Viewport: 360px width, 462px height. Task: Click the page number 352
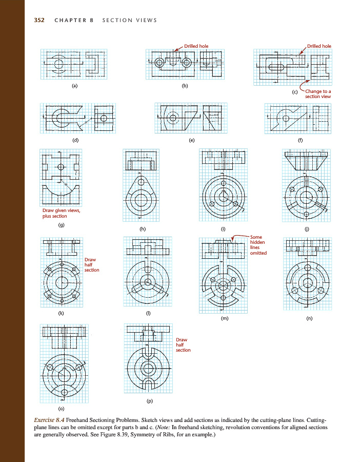(39, 20)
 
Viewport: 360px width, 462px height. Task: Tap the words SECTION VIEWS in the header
(130, 20)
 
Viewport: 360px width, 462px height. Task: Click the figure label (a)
(75, 86)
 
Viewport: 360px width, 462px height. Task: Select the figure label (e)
(192, 140)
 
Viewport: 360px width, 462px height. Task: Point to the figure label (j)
(307, 229)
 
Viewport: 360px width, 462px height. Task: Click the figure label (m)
(224, 318)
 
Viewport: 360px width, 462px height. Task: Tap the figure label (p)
(150, 401)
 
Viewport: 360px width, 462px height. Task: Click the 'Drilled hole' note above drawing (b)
(196, 46)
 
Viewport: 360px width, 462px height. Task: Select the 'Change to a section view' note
(318, 94)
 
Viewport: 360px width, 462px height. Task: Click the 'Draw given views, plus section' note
(61, 213)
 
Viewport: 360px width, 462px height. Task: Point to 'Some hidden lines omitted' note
(258, 245)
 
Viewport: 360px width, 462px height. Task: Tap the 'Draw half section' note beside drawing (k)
(92, 264)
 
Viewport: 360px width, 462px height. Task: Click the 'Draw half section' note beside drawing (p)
(183, 345)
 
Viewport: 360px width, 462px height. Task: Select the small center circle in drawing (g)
(61, 167)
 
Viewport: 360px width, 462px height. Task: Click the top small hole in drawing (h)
(141, 182)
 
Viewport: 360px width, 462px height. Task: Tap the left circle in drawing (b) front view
(160, 63)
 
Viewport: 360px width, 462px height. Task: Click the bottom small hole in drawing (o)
(65, 393)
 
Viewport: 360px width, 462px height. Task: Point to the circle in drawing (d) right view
(103, 118)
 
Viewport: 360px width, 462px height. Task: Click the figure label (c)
(295, 92)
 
